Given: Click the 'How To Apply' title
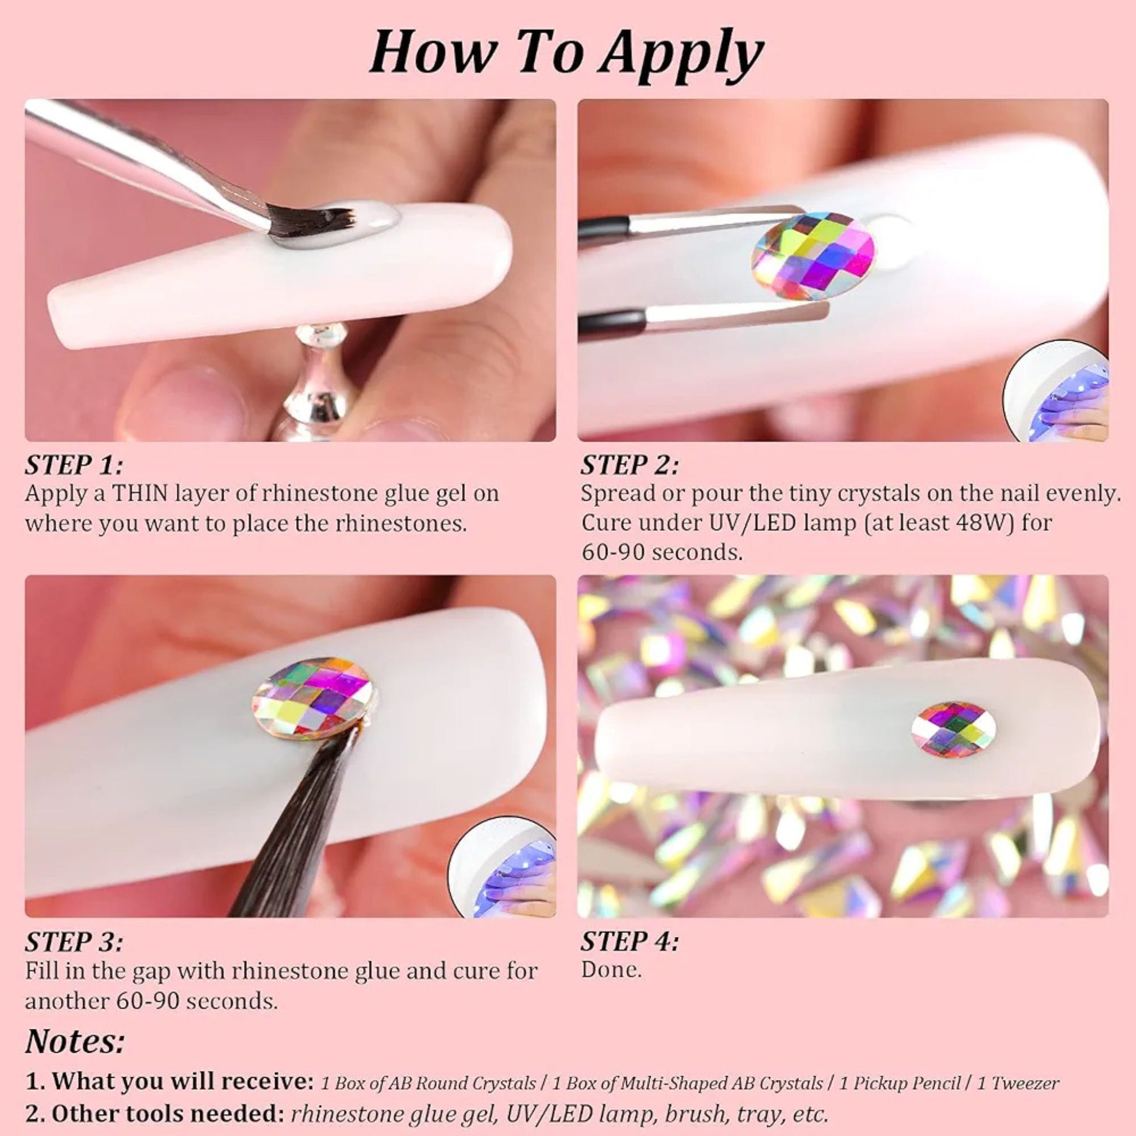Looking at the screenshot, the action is tap(567, 53).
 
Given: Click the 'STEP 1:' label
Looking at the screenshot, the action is tap(74, 466).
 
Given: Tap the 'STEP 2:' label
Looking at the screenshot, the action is tap(630, 466).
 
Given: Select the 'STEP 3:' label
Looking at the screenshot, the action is tap(74, 943).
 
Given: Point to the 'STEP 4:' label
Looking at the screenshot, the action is tap(630, 943).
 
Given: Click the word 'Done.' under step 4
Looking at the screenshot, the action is tap(612, 970).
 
